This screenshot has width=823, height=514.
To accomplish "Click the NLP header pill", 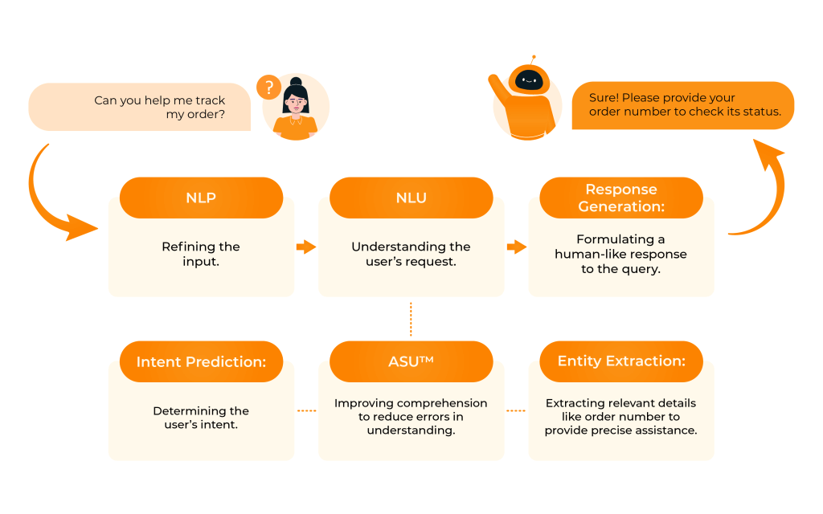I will point(201,198).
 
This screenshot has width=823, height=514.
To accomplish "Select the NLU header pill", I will point(411,198).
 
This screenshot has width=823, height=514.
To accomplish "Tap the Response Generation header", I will point(620,198).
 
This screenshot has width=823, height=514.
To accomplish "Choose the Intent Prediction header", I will point(201,361).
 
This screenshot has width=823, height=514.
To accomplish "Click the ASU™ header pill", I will point(411,361).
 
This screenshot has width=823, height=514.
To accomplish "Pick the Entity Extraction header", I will point(620,361).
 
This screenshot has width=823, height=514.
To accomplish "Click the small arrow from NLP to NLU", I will point(305,247).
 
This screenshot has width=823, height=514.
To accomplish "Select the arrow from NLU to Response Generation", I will point(516,247).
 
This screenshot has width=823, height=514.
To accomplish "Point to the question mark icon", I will point(268,88).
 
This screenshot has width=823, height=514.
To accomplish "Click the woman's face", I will point(296,103).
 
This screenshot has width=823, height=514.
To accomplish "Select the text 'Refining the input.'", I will point(201,254).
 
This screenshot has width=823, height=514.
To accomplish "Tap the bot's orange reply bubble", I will point(683,104).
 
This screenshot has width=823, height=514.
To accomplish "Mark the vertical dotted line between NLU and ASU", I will point(411,319).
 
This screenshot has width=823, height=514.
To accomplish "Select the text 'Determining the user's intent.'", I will point(201,418).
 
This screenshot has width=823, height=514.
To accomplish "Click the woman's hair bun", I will point(295,82).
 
